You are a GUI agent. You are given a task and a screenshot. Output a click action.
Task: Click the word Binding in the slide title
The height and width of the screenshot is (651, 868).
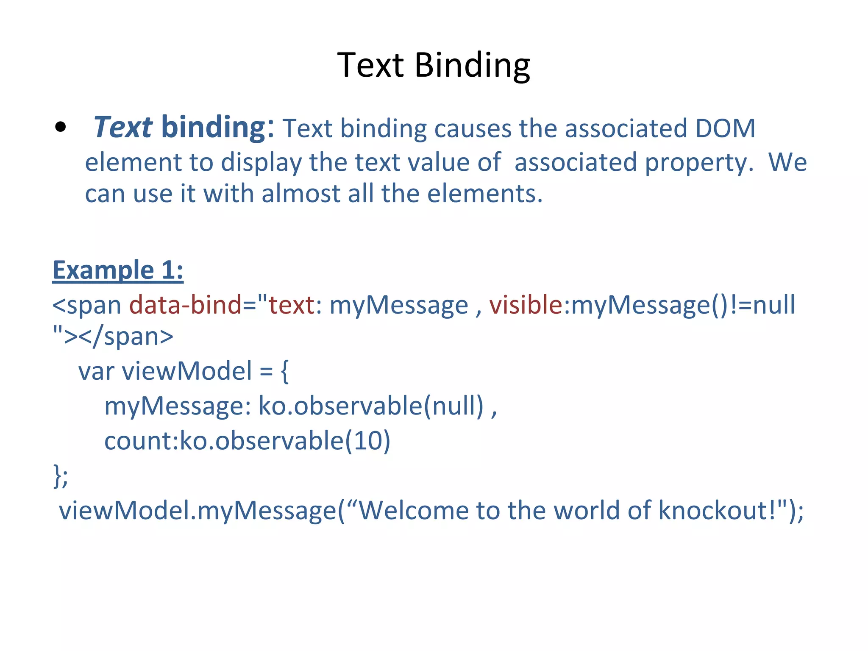[472, 66]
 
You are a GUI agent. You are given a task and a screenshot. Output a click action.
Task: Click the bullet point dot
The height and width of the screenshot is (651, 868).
[61, 127]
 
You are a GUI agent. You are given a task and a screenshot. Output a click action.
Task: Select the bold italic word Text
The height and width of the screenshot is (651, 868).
[122, 127]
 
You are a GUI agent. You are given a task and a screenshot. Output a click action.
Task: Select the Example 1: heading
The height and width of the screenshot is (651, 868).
[118, 270]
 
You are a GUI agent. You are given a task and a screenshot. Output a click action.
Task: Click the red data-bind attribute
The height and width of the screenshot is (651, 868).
[185, 305]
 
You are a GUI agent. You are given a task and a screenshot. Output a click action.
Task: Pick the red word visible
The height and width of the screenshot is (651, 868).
[526, 305]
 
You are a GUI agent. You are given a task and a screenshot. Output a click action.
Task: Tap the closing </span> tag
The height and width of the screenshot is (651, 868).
[126, 337]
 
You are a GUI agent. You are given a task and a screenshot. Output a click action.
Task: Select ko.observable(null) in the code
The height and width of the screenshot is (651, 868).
[371, 406]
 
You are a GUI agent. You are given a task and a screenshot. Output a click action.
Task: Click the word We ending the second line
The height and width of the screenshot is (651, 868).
[787, 162]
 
